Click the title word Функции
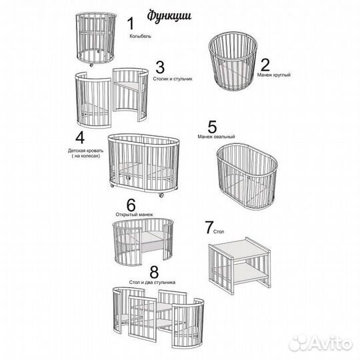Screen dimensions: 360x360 (x=169, y=16)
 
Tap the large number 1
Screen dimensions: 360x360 (x=131, y=23)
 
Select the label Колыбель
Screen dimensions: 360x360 (x=140, y=36)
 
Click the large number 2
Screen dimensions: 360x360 (x=265, y=65)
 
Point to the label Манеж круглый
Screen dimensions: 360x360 (x=274, y=75)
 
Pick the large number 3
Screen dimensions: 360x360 (x=160, y=67)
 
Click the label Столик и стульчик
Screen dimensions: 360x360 (x=173, y=79)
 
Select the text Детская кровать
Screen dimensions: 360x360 (x=85, y=151)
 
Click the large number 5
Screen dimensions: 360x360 (x=212, y=127)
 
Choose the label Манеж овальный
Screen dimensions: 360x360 (x=216, y=137)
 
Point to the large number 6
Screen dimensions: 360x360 (x=131, y=205)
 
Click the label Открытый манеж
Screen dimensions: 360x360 (x=134, y=215)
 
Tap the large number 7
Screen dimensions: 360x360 (x=209, y=227)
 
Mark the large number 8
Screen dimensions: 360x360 (x=154, y=272)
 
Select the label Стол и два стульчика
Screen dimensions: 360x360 (x=152, y=282)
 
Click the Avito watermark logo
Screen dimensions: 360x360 (x=321, y=343)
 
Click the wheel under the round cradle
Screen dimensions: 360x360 (x=91, y=65)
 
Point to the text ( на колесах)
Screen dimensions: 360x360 (x=86, y=156)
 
